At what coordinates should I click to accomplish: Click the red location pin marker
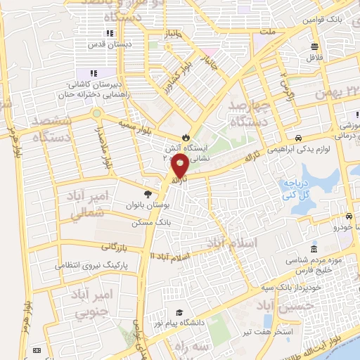pos(180,167)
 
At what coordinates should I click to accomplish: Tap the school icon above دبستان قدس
pos(109,33)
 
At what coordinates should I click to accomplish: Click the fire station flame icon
pos(186,136)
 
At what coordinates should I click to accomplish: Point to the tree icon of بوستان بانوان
pos(148,195)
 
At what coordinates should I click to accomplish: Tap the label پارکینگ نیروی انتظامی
pos(91,266)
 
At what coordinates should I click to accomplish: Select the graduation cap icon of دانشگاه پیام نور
pos(179,312)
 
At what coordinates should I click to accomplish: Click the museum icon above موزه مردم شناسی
pos(314,250)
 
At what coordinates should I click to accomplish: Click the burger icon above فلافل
pos(315,48)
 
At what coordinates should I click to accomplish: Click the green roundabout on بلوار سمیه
pos(96,113)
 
